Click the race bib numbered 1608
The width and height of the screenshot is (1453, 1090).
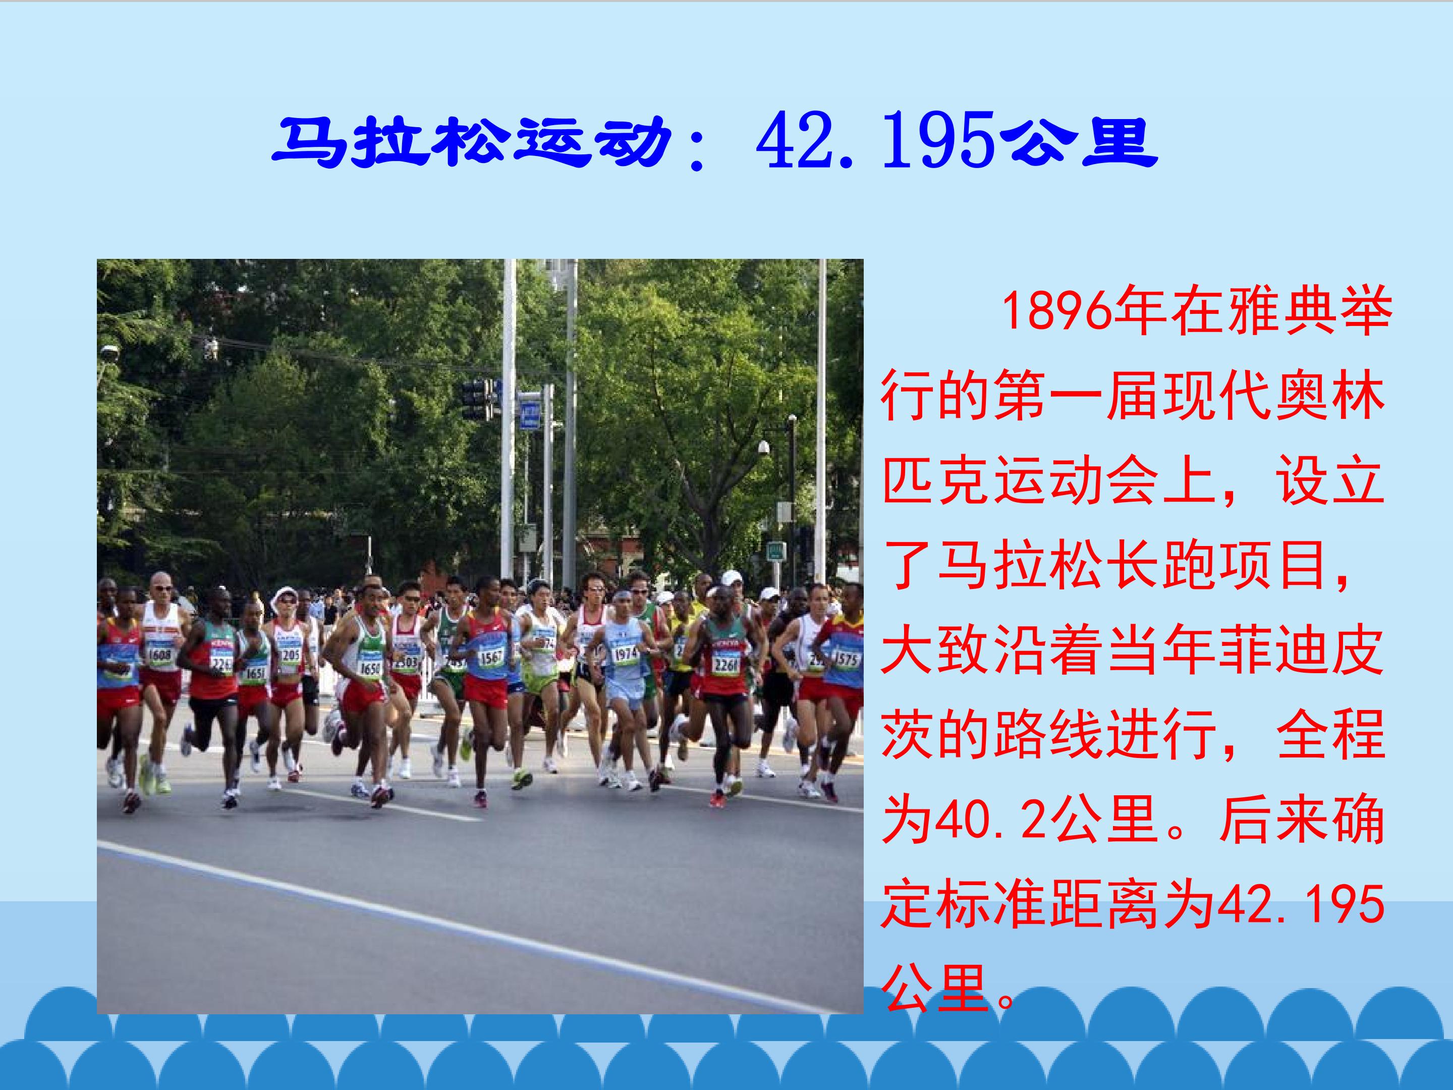pyautogui.click(x=159, y=655)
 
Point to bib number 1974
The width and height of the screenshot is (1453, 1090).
pyautogui.click(x=625, y=653)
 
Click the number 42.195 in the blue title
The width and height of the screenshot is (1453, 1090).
pyautogui.click(x=874, y=142)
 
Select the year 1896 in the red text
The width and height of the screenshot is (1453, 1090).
pyautogui.click(x=1057, y=311)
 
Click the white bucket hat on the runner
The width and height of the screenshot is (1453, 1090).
pyautogui.click(x=285, y=595)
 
